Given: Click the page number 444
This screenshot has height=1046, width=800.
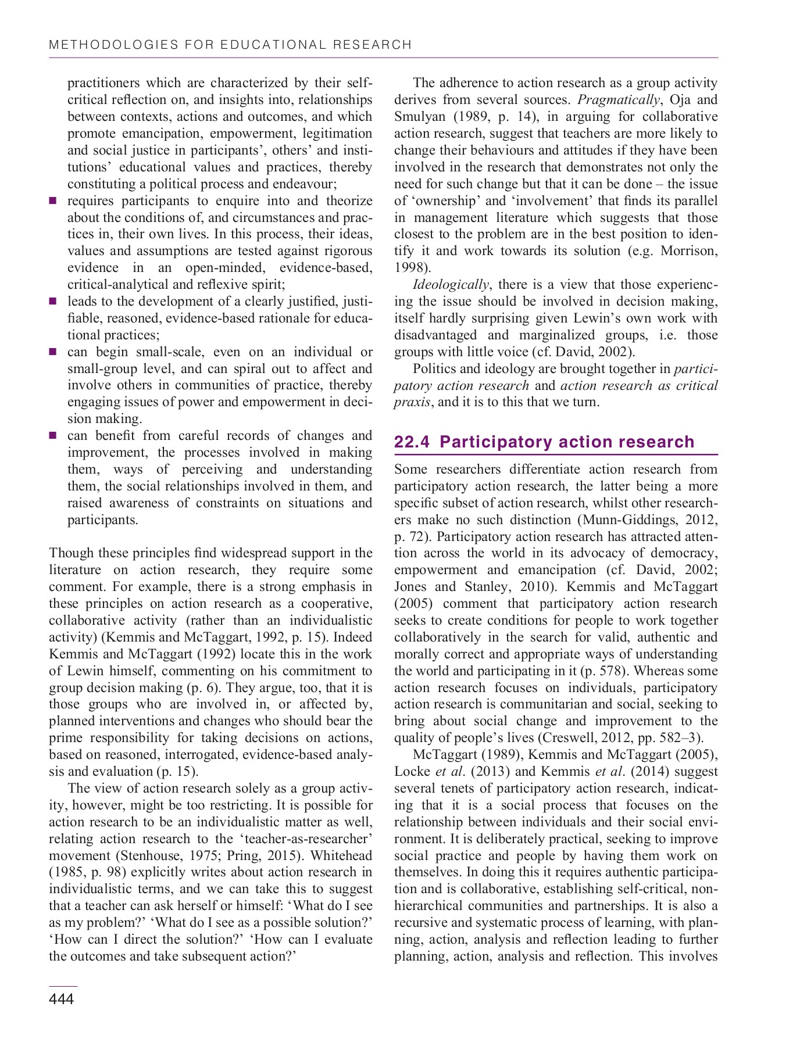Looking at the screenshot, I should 62,999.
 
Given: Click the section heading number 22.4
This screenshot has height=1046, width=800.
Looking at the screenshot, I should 412,442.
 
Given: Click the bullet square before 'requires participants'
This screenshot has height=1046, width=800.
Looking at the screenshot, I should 53,201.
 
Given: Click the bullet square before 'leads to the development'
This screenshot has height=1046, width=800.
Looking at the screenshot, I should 53,302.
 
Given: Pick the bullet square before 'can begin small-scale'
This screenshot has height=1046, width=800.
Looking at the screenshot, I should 53,352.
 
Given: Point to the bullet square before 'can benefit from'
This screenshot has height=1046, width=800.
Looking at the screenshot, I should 53,436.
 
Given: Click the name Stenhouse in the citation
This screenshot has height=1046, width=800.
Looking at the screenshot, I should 147,855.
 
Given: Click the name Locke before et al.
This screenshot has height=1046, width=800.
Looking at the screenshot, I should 412,772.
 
